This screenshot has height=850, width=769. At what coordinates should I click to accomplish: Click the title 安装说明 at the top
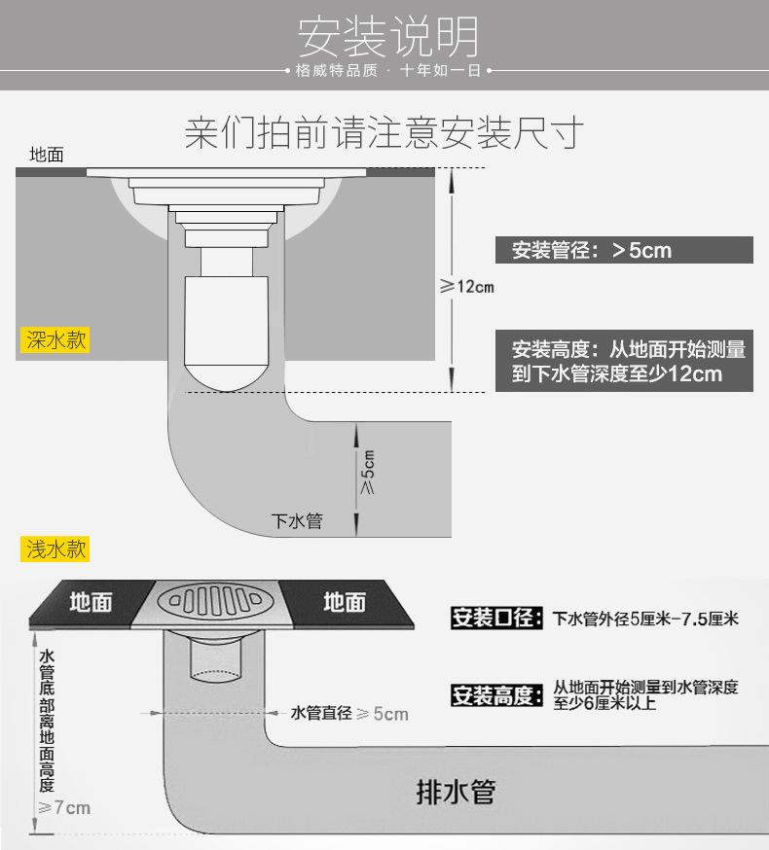point(388,36)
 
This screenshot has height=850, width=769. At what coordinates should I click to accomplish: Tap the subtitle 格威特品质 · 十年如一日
point(388,71)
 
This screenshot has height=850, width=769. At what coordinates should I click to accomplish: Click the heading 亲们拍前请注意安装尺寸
point(384,132)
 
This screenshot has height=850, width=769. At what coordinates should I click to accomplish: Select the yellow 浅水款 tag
point(55,549)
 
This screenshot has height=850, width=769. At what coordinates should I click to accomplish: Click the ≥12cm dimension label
point(466,286)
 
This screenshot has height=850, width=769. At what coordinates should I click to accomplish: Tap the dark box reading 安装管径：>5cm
point(624,250)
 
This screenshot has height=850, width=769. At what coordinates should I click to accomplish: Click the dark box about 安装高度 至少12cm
point(624,361)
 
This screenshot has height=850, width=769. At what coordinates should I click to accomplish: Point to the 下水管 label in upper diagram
point(297,520)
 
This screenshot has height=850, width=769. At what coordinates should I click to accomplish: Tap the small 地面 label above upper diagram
point(47,155)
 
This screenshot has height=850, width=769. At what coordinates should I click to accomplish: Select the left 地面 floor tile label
point(91,602)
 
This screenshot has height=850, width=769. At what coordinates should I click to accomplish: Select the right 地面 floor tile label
point(345,602)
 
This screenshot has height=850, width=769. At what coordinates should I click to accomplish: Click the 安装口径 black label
point(494,618)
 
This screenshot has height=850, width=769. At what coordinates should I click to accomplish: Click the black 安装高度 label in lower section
point(494,695)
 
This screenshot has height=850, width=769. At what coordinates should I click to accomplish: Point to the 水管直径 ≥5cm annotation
point(349,714)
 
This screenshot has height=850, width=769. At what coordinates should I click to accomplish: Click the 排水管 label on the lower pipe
point(456,792)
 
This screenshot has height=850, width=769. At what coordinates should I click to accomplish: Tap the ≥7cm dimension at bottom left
point(64,807)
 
